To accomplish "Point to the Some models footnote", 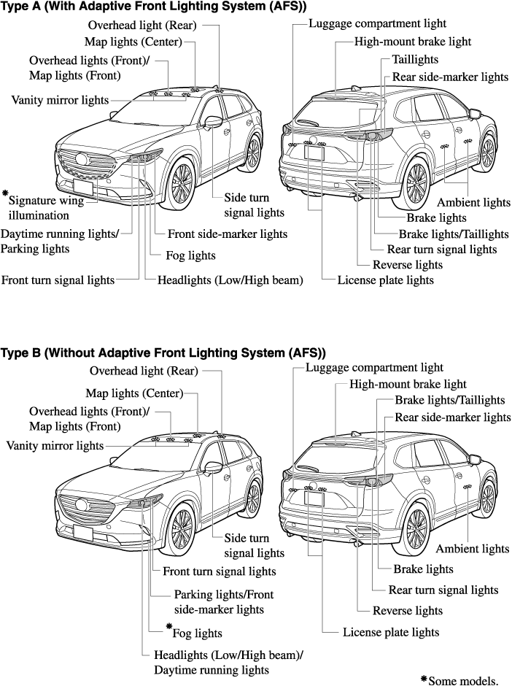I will (x=460, y=679).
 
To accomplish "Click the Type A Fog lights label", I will (x=191, y=255).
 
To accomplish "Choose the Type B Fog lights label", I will (x=197, y=633).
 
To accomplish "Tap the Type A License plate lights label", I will (x=385, y=280).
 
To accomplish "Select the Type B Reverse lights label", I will (x=407, y=610).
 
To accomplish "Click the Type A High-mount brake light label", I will (x=413, y=42).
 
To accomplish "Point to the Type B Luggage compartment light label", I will (x=374, y=368).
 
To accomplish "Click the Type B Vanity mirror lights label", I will (x=55, y=445).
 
